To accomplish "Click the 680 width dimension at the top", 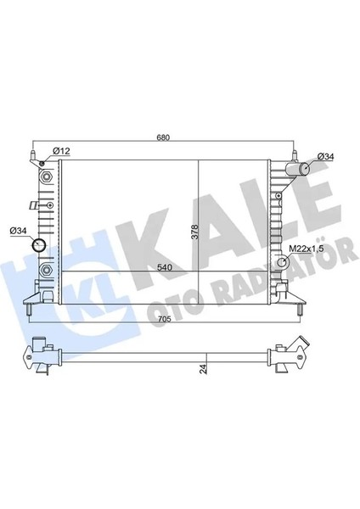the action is pyautogui.click(x=163, y=137).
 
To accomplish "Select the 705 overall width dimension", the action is pyautogui.click(x=165, y=319).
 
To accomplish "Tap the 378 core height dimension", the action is pyautogui.click(x=194, y=232).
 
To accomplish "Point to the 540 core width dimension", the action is pyautogui.click(x=165, y=267).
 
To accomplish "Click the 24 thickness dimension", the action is pyautogui.click(x=204, y=369).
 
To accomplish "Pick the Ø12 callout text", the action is pyautogui.click(x=61, y=151).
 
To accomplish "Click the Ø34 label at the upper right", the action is pyautogui.click(x=325, y=156).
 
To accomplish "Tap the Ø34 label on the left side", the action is pyautogui.click(x=18, y=231).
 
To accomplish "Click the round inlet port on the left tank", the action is pyautogui.click(x=39, y=245).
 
